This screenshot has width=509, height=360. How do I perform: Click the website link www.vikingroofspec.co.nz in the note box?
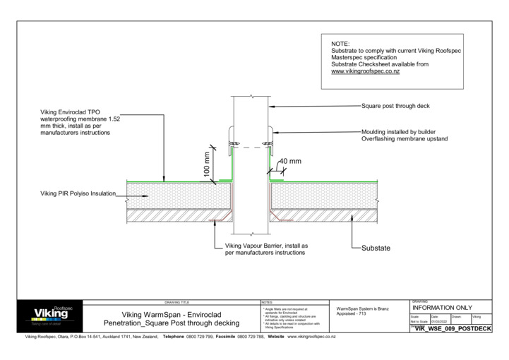[366, 71]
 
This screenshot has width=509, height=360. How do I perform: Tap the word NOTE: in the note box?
[340, 44]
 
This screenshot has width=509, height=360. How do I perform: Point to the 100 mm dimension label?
[206, 163]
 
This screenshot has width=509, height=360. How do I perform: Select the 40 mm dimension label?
[290, 161]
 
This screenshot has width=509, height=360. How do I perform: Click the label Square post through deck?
[395, 106]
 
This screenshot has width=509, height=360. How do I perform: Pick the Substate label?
[376, 248]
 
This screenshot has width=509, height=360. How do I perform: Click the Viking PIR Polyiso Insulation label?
[78, 193]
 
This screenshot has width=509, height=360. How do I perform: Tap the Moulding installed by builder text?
[401, 131]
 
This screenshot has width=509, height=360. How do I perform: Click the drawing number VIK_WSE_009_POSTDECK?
[452, 328]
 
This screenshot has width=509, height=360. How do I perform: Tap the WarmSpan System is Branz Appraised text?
[362, 311]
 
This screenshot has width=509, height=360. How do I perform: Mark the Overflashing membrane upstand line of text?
[405, 138]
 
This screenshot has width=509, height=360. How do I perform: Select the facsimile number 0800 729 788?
[251, 337]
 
